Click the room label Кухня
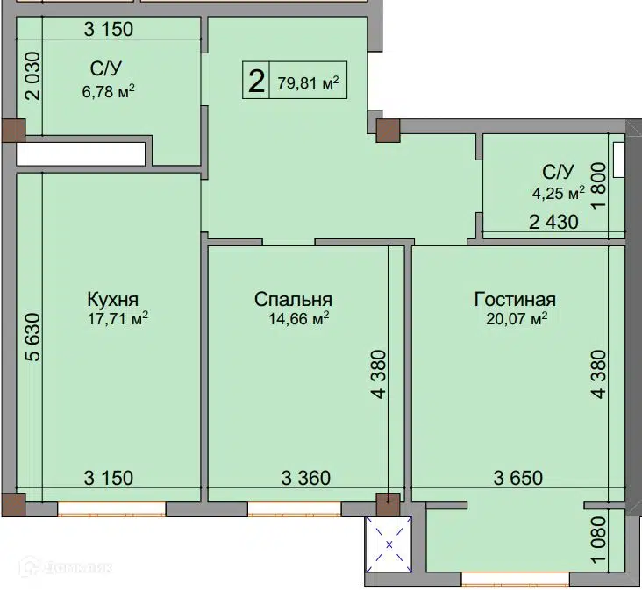[113, 300]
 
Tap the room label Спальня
[293, 300]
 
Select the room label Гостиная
[515, 300]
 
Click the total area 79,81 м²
[309, 83]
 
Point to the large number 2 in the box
[256, 82]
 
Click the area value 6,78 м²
[109, 92]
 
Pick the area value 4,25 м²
[558, 193]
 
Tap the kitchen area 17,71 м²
[118, 319]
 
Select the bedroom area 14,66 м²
[299, 319]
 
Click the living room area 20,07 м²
[517, 318]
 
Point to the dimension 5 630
[33, 338]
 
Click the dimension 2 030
[33, 76]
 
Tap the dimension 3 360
[306, 478]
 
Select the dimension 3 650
[518, 478]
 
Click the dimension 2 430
[554, 222]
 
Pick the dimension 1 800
[599, 186]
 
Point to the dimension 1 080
[599, 540]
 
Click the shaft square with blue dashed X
[389, 544]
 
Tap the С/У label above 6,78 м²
[106, 68]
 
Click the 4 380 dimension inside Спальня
[380, 374]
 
